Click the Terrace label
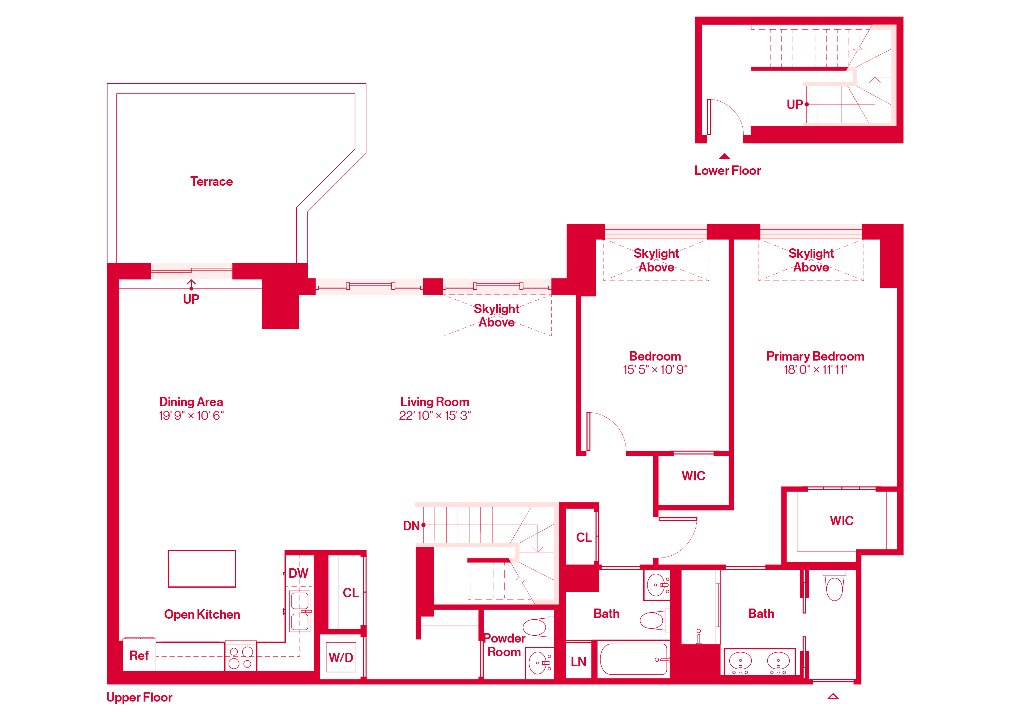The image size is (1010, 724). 212,182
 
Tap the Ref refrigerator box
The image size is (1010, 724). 139,655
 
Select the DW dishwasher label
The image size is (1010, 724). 298,573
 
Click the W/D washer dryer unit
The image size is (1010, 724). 341,658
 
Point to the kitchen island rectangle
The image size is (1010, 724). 202,569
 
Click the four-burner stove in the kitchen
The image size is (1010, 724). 241,656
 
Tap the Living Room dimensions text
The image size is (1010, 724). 434,416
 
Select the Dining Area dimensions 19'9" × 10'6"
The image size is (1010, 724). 191,416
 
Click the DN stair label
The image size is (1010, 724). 411,526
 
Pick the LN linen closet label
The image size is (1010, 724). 578,662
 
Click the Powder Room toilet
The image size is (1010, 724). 536,627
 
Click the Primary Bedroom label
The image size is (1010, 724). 815,357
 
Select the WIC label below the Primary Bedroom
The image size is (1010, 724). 841,521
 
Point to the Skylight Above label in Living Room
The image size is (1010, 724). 497,315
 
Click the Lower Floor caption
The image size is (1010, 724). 727,171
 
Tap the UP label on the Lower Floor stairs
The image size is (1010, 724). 794,105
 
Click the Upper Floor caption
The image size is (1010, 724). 139,697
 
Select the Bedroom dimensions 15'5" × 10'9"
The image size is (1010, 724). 655,370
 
